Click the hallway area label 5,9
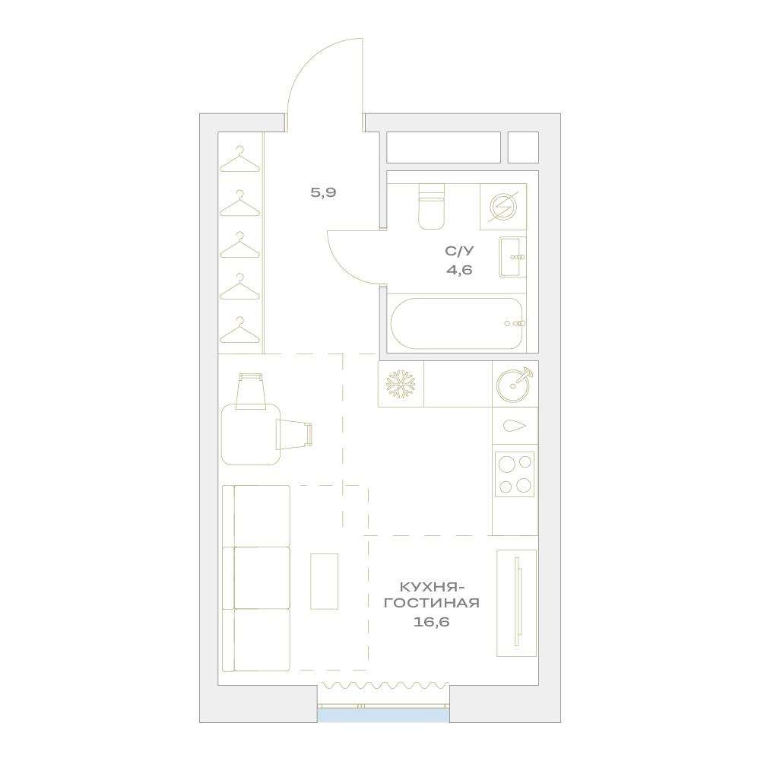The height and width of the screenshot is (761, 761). [323, 192]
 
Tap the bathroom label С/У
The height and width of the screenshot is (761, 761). [459, 251]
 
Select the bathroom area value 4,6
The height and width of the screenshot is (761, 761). [459, 269]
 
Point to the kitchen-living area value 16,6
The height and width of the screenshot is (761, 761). [432, 622]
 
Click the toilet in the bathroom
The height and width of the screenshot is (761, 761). [432, 207]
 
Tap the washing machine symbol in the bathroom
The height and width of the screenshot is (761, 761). [503, 207]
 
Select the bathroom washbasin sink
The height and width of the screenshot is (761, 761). [512, 257]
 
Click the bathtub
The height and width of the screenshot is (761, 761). [457, 323]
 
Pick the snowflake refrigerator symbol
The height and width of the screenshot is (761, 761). [401, 385]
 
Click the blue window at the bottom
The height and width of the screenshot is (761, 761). [383, 715]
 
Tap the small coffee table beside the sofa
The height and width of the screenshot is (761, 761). [324, 581]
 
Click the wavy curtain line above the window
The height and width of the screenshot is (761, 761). [383, 685]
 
